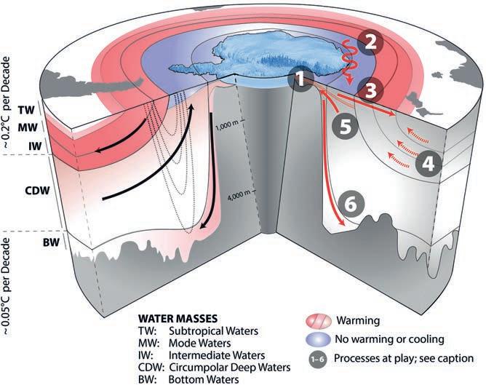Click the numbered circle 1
(x=304, y=77)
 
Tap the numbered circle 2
(x=372, y=41)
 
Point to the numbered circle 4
(x=429, y=164)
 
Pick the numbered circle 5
(x=346, y=125)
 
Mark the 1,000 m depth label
(x=231, y=124)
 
